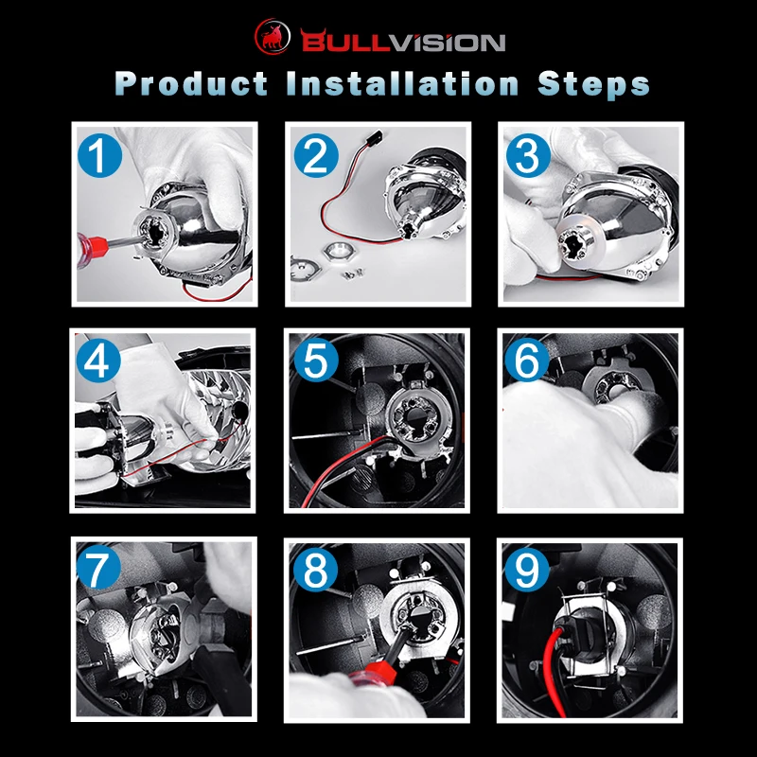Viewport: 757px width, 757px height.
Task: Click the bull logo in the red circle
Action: [273, 36]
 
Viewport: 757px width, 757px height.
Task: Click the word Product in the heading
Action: [192, 83]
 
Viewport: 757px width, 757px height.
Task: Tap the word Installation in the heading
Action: [403, 83]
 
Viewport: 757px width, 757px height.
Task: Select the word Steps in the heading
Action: [593, 84]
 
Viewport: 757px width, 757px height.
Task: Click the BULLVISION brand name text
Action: [403, 41]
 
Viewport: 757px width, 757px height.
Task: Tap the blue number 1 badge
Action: [99, 155]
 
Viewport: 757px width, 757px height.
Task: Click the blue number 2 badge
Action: [316, 155]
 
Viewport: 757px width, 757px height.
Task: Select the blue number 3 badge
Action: [528, 155]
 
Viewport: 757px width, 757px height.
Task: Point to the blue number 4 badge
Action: [98, 361]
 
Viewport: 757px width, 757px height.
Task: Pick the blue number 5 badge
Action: [316, 360]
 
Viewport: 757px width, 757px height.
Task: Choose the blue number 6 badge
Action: [527, 360]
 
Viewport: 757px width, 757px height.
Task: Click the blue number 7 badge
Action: [98, 567]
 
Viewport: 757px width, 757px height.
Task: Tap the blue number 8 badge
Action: [315, 570]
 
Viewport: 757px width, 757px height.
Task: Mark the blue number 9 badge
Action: [527, 570]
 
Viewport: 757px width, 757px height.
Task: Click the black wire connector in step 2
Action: [374, 137]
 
